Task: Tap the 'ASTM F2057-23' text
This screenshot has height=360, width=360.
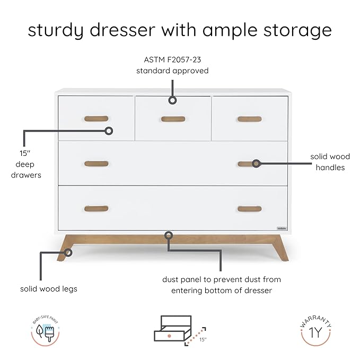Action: tap(172, 60)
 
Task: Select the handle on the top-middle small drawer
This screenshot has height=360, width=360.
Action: tap(173, 119)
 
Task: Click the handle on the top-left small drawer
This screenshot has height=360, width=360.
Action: tap(96, 119)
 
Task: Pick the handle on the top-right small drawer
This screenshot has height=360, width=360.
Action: tap(249, 119)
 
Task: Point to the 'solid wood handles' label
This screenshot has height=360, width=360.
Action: tap(330, 162)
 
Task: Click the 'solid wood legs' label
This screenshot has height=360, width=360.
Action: tap(49, 289)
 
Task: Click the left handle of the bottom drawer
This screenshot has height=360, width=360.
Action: tap(96, 209)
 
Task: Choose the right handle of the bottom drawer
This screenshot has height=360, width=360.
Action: tap(249, 209)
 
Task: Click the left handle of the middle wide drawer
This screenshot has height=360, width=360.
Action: tap(96, 164)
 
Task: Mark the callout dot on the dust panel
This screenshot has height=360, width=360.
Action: tap(169, 234)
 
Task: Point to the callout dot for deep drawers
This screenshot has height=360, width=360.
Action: tap(109, 130)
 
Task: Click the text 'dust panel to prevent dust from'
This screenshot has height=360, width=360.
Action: tap(222, 279)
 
